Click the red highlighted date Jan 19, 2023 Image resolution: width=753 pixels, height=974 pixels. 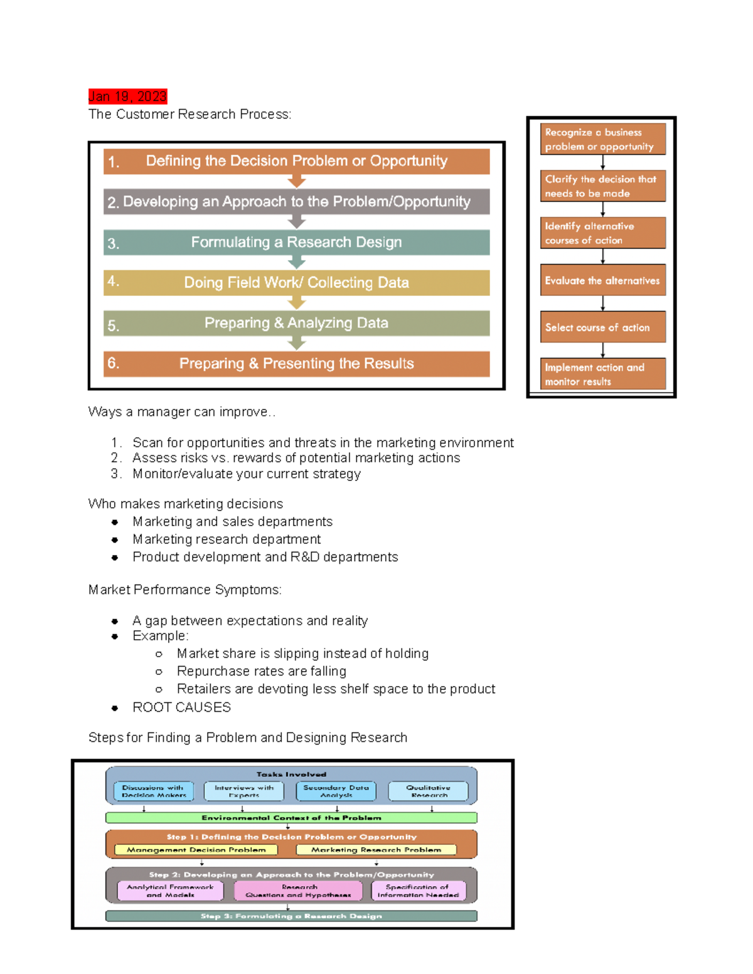point(127,97)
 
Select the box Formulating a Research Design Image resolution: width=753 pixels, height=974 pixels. point(296,242)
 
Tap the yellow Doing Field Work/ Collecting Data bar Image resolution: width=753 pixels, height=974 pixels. point(296,282)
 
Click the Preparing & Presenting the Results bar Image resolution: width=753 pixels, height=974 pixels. point(296,364)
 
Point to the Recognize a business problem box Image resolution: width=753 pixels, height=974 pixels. point(602,139)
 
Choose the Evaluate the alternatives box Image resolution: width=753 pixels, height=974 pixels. point(602,280)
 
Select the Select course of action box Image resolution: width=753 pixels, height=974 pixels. point(602,327)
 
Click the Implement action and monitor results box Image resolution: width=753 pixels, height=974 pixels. point(602,374)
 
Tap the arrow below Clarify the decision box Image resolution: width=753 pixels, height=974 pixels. point(602,209)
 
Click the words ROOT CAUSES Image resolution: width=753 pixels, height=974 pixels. point(181,707)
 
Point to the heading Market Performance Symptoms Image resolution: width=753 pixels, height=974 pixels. point(184,590)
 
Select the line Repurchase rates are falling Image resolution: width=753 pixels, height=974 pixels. point(261,672)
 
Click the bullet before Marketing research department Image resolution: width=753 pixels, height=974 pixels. point(115,540)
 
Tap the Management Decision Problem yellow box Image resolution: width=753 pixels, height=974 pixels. point(196,850)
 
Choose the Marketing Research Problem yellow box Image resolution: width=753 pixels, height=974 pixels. point(376,850)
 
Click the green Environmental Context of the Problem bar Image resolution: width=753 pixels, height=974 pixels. point(291,818)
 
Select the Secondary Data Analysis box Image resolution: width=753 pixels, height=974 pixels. point(336,791)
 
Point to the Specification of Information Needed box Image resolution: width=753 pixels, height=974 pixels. point(418,891)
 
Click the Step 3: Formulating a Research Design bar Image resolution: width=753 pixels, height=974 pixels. point(291,916)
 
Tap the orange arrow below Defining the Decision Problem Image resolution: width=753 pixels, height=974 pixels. point(296,182)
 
